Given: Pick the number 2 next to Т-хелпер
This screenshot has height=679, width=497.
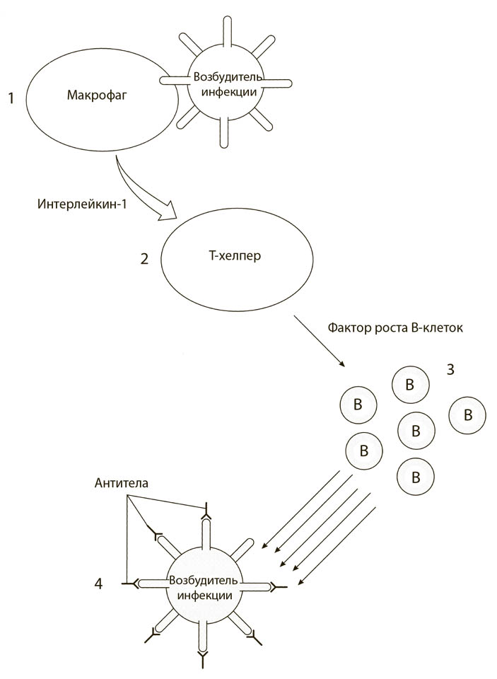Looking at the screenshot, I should click(144, 259).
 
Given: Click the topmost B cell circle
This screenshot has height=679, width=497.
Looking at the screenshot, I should click(409, 384).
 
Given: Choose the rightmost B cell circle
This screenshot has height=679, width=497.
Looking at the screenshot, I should click(467, 415).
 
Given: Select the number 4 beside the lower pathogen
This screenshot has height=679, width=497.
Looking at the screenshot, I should click(98, 584).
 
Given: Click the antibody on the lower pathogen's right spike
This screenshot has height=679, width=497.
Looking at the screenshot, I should click(279, 586).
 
